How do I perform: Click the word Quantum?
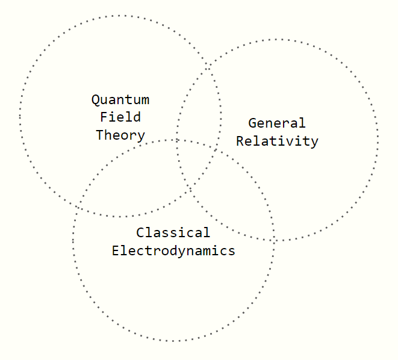click(x=120, y=100)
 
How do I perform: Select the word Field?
click(x=120, y=117)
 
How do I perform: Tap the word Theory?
click(x=120, y=135)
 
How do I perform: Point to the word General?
click(x=277, y=123)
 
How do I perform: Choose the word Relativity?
click(x=277, y=141)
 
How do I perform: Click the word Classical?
click(x=173, y=232)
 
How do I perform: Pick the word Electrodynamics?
click(x=173, y=250)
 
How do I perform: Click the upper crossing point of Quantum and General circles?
click(x=208, y=67)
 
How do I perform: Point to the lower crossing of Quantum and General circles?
click(x=190, y=189)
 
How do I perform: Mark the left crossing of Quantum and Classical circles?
click(x=78, y=206)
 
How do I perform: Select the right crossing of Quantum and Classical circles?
click(x=217, y=150)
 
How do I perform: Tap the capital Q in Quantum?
click(x=95, y=100)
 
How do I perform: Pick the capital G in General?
click(x=252, y=123)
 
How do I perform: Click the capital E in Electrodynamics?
click(x=116, y=250)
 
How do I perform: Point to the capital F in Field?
click(x=104, y=117)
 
